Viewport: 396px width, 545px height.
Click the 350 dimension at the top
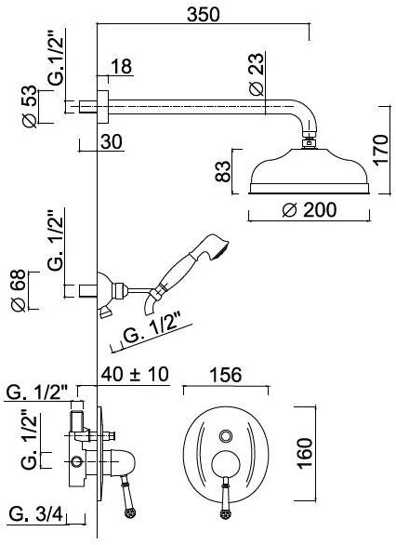(x=204, y=15)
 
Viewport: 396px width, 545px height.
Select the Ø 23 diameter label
(x=257, y=74)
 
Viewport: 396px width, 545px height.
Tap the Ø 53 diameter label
(x=29, y=106)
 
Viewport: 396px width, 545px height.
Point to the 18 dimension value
(x=122, y=66)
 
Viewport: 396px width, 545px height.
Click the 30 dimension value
(x=112, y=141)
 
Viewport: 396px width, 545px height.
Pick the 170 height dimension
(x=381, y=150)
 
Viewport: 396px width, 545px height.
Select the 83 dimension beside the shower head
(x=223, y=171)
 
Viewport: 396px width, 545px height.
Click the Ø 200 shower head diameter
(x=310, y=209)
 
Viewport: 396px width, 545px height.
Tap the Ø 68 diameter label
(x=19, y=290)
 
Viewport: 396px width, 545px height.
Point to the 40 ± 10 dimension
(x=135, y=374)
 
